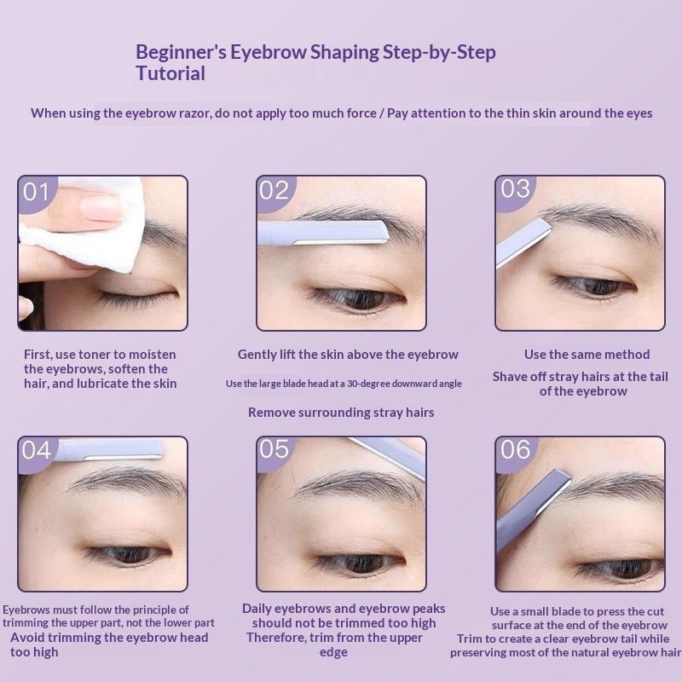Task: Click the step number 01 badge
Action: [36, 193]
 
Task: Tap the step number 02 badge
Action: [275, 192]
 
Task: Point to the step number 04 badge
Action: [37, 453]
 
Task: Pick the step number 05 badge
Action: [275, 452]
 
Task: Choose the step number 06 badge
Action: [516, 453]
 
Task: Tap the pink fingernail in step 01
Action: [100, 207]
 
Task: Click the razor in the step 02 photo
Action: [322, 232]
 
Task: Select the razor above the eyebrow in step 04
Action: [110, 450]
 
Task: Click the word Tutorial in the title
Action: [170, 73]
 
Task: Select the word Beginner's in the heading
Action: [181, 52]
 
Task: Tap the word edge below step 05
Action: [333, 652]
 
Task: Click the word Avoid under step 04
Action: [26, 638]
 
